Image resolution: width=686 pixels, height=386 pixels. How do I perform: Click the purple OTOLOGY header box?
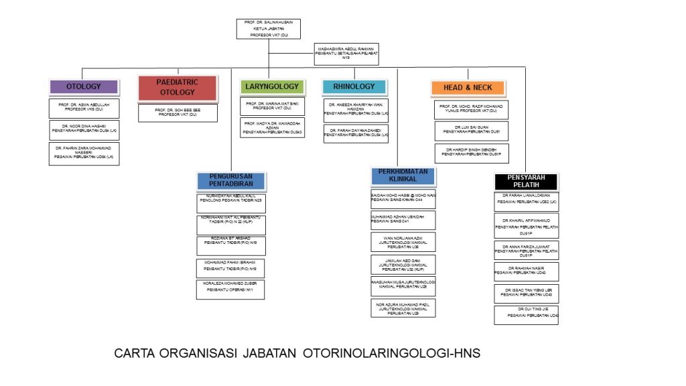84,86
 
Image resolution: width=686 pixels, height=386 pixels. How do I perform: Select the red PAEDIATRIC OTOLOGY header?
178,87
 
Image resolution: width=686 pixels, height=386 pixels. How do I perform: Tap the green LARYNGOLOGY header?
271,86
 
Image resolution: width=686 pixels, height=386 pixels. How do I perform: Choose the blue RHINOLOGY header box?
354,86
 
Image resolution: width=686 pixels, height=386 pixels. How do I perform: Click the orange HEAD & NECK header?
468,88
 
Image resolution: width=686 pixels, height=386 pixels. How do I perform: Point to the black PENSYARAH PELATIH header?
526,182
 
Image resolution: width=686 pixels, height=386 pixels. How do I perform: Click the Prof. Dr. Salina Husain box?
268,29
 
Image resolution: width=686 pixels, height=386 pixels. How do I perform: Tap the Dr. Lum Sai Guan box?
471,130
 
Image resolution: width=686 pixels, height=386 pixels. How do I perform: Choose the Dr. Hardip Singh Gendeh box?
471,153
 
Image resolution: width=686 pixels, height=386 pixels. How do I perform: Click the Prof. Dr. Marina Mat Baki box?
272,107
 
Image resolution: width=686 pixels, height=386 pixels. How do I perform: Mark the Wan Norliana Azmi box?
403,242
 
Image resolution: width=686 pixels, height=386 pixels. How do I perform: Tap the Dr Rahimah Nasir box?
526,271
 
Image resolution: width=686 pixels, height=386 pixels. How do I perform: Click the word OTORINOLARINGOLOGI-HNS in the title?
391,353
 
